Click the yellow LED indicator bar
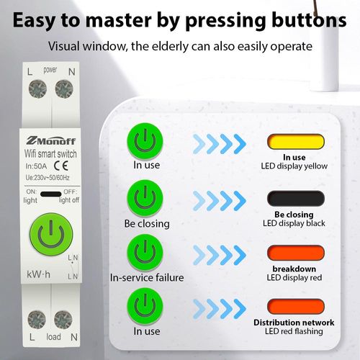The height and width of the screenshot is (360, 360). coord(296,142)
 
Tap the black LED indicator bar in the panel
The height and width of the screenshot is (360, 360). coord(296,198)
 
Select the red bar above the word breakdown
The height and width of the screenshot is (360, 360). coord(296,253)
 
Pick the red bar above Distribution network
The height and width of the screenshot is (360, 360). coord(296,307)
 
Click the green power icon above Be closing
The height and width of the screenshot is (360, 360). coord(145,198)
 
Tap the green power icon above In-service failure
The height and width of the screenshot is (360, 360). coord(145,253)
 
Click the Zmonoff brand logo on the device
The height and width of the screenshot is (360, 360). coord(51,140)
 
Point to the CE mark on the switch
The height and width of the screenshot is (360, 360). coord(61,166)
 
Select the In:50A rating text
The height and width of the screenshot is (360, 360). coord(36,166)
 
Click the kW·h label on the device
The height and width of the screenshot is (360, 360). coord(38,274)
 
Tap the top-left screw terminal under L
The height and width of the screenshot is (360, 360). coord(37,89)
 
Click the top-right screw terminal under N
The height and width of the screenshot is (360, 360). coord(64,89)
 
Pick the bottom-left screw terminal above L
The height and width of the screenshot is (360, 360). coord(37,320)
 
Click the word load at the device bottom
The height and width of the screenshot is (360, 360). coord(53,336)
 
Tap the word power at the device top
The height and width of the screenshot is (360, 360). coord(50,70)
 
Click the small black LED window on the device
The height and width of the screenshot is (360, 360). coord(51,194)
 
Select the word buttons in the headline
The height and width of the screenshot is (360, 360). coord(309,20)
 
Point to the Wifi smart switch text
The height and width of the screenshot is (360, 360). coord(50,154)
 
